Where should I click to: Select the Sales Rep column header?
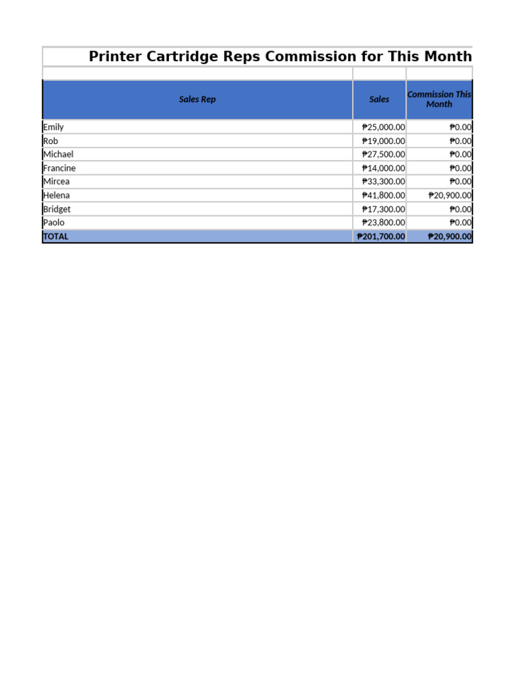(197, 100)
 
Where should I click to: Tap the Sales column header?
(379, 100)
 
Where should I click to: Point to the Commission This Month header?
(439, 100)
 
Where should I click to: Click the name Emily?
(53, 127)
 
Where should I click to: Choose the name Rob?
(50, 141)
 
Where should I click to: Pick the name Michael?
(58, 154)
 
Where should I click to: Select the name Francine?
(59, 168)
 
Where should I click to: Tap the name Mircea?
(56, 182)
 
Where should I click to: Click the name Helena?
(56, 196)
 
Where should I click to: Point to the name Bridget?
(57, 209)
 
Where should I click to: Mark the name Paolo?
(54, 223)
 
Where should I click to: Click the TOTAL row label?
(55, 237)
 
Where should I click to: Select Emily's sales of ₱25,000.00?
(383, 127)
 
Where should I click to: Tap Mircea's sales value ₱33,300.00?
(383, 182)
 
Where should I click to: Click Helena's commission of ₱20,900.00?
(450, 196)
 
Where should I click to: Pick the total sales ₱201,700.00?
(380, 237)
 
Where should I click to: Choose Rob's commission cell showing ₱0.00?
(460, 141)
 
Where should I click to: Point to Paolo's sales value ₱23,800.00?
(383, 223)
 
